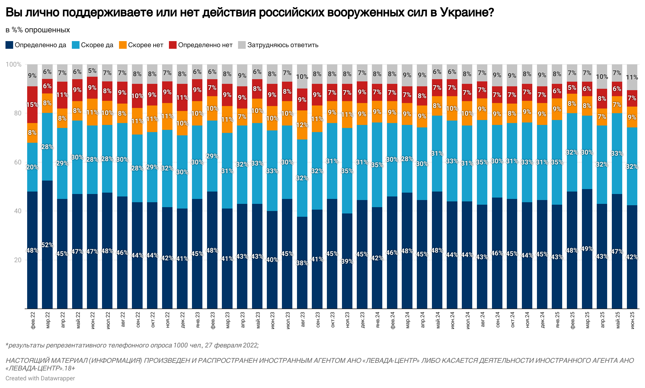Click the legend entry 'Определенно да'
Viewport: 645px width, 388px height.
pos(40,45)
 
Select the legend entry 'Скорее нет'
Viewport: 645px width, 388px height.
pos(145,45)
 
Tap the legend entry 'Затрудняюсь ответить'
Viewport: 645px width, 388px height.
pos(282,45)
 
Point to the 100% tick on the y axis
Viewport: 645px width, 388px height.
pos(13,64)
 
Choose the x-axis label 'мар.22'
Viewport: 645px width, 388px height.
pos(48,320)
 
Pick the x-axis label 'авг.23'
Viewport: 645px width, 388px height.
pos(302,320)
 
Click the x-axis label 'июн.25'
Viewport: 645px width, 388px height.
pos(632,320)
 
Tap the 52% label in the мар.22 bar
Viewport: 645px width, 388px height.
pos(47,245)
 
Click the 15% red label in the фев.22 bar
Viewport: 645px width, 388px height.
pos(32,105)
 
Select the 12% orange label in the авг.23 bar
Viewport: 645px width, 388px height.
pos(302,125)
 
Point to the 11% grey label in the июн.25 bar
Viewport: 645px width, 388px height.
pos(632,77)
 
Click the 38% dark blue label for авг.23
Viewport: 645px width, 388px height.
pos(302,263)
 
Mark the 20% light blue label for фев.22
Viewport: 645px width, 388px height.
pos(32,167)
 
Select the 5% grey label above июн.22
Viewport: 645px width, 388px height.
pos(92,71)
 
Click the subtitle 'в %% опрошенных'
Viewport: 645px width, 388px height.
pos(38,30)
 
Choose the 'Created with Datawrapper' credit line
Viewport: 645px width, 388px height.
pos(40,378)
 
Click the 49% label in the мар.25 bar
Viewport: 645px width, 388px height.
pos(587,249)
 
